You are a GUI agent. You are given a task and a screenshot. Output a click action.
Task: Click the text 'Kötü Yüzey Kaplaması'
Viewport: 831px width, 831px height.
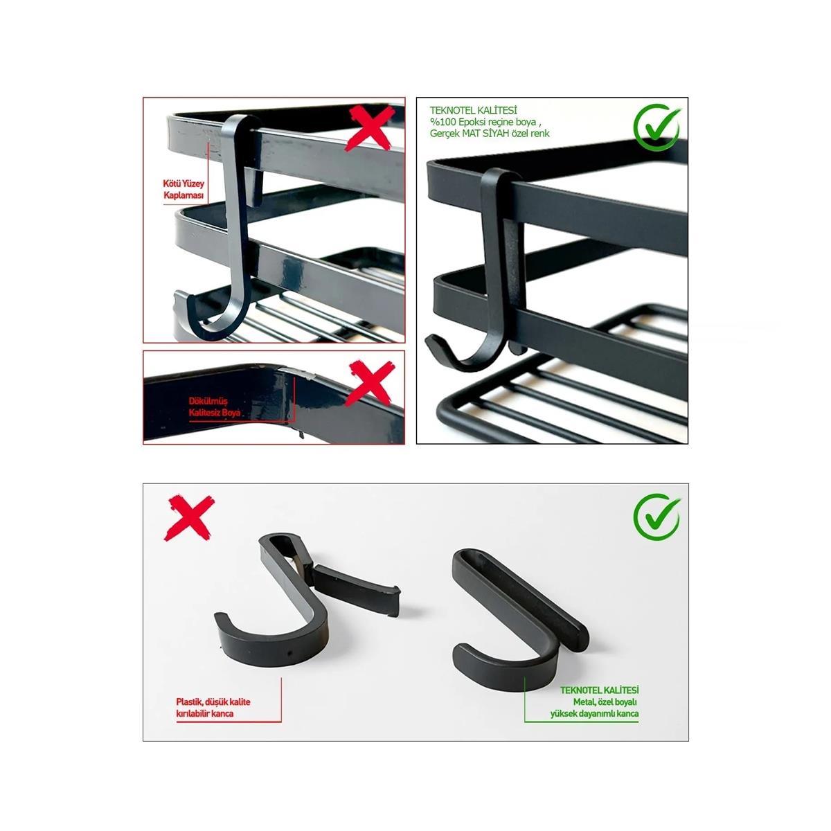pos(177,191)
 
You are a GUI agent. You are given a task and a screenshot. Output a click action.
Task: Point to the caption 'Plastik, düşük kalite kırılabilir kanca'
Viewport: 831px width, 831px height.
pos(212,707)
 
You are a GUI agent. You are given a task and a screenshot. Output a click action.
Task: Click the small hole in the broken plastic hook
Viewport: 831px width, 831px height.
pos(289,652)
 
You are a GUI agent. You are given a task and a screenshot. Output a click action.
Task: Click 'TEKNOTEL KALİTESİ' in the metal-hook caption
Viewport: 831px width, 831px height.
pos(600,690)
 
